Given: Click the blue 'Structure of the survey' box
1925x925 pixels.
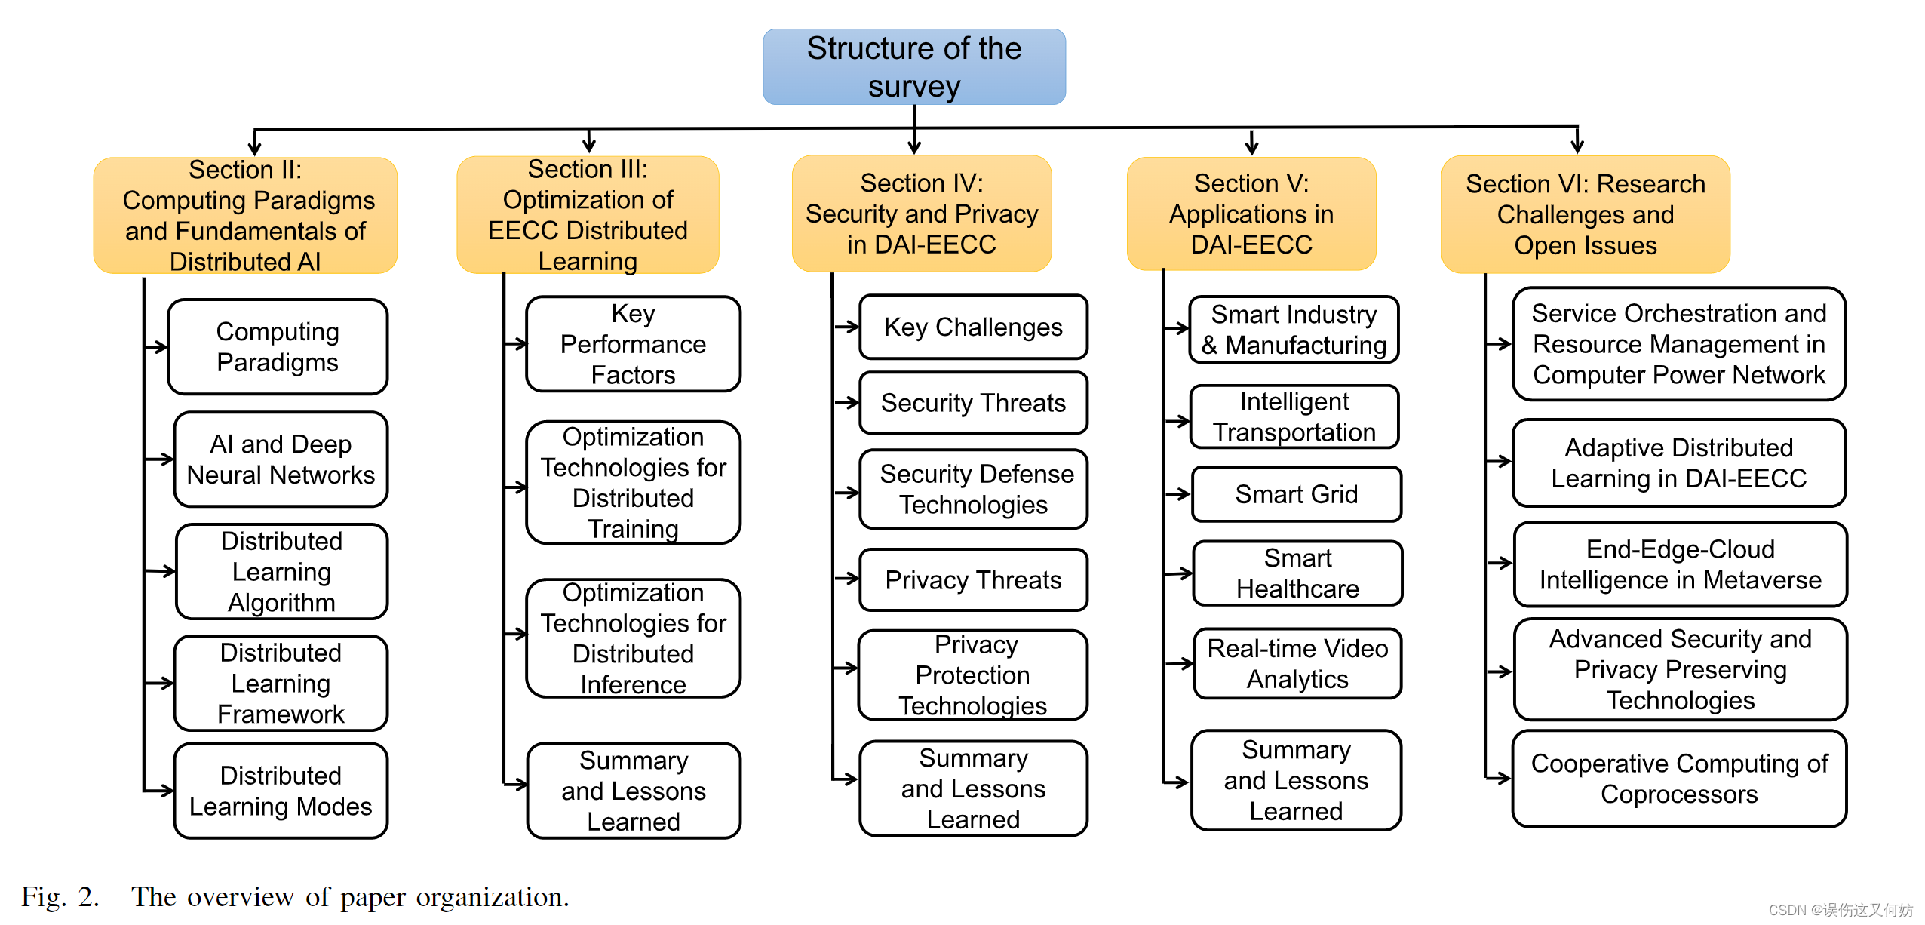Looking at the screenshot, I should pos(913,66).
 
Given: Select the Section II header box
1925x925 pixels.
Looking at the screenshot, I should pos(245,215).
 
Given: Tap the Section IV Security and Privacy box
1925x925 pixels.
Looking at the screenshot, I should pos(921,214).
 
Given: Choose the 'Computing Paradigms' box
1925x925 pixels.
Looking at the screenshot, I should pos(277,346).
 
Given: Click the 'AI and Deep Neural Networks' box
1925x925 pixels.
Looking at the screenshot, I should pos(281,459).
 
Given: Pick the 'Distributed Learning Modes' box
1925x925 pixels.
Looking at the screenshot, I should pos(281,790).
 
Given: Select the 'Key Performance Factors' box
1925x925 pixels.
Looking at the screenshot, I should pos(633,344).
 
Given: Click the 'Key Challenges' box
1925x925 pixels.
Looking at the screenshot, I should pos(972,327).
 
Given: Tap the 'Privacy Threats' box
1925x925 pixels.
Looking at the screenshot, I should pos(972,579).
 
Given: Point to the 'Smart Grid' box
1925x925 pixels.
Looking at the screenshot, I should pos(1296,494).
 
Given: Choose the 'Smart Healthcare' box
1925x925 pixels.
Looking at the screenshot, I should pos(1297,573).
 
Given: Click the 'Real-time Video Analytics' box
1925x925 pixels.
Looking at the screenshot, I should pos(1297,663).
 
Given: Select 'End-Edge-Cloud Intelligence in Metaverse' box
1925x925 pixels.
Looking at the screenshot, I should pos(1680,564).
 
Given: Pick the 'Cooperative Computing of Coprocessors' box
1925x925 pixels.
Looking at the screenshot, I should pos(1679,778).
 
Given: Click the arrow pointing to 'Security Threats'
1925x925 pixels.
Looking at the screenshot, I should pos(847,402).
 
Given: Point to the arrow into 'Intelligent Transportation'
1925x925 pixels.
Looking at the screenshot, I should pos(1177,421).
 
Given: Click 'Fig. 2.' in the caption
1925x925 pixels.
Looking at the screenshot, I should pos(60,896).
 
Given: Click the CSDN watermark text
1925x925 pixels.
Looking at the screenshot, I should pos(1840,909).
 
